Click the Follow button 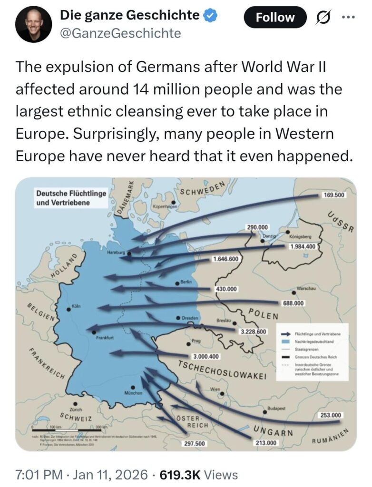[275, 18]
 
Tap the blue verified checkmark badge [211, 16]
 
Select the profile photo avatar [33, 24]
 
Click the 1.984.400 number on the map [303, 246]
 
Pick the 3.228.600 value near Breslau [253, 331]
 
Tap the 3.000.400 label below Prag [206, 357]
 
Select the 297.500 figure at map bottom [194, 444]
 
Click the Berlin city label [186, 282]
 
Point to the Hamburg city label [116, 253]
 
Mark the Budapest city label [277, 409]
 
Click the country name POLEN [263, 314]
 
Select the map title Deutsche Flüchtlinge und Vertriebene [71, 198]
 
